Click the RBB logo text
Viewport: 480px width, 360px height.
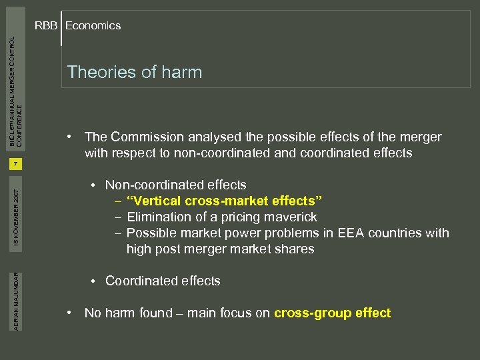[x=46, y=26]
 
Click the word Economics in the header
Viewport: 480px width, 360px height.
[x=93, y=26]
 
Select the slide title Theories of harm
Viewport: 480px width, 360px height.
[x=134, y=72]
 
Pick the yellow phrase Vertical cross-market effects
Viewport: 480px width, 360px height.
[x=225, y=201]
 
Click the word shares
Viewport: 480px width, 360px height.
[x=295, y=249]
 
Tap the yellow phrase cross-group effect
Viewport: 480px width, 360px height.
[x=332, y=313]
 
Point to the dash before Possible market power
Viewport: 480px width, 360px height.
[x=117, y=233]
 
